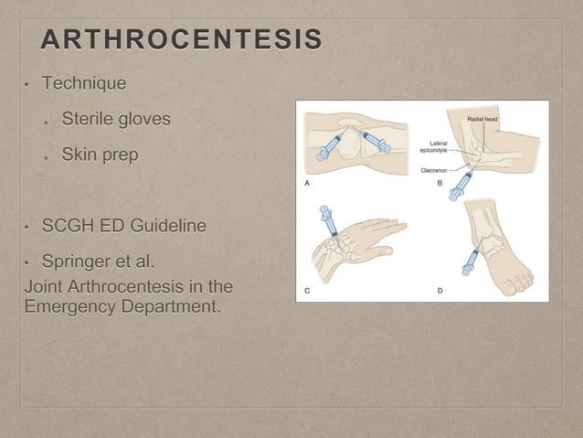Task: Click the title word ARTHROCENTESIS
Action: click(x=181, y=41)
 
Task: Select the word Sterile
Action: click(x=90, y=120)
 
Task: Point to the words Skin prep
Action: click(x=101, y=155)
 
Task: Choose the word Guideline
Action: click(x=179, y=225)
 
